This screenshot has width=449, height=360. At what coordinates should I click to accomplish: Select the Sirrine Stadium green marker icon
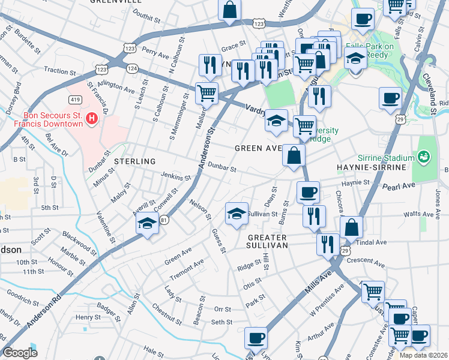point(425,158)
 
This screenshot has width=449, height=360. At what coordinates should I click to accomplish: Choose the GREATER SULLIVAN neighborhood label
point(268,241)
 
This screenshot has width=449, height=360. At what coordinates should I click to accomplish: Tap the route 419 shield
point(76,98)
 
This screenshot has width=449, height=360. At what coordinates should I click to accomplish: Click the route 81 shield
point(164,221)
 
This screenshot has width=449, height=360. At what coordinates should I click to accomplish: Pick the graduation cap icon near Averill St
point(147,224)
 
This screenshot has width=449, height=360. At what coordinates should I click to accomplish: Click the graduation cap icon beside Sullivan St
point(237,214)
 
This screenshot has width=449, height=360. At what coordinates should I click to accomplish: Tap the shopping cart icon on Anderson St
point(206,93)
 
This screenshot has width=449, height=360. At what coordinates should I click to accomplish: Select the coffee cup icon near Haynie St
point(309,192)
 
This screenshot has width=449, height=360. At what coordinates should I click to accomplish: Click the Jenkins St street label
point(175,177)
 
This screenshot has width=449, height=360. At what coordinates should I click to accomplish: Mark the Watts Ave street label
point(419,214)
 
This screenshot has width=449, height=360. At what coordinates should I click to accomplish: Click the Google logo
point(20,353)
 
